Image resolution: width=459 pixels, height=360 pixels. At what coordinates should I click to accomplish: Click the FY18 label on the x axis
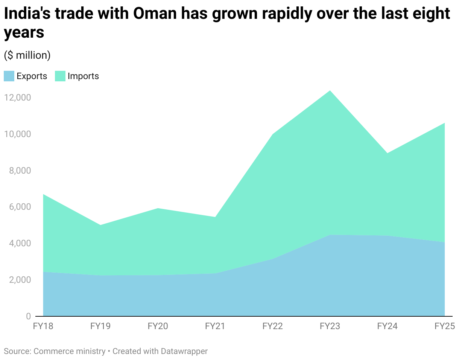point(43,326)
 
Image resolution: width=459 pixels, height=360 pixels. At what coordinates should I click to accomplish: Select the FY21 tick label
point(215,326)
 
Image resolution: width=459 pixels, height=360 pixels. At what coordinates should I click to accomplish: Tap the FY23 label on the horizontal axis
point(330,326)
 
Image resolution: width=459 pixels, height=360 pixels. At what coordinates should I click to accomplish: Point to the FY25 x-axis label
point(445,326)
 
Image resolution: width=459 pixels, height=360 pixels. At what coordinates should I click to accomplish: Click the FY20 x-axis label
point(158,326)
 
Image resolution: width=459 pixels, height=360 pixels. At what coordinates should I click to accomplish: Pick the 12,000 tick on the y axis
point(17,98)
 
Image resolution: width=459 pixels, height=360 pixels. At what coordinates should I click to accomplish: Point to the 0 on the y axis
point(28,316)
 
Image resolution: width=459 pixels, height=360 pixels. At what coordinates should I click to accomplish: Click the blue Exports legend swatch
point(9,76)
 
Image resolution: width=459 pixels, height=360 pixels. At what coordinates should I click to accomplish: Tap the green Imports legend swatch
point(60,76)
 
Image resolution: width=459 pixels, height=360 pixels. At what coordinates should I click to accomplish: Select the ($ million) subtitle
point(27,55)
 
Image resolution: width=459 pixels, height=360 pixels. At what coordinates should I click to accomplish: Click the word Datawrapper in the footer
point(184,351)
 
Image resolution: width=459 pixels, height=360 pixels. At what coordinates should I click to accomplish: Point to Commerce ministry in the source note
point(70,351)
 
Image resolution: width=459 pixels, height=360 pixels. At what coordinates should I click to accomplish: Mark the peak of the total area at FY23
point(330,91)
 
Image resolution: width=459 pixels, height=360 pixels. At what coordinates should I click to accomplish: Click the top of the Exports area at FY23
point(330,235)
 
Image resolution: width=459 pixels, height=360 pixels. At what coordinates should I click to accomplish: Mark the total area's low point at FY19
point(100,225)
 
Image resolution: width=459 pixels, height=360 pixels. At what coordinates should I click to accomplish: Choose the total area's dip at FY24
point(387,153)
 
